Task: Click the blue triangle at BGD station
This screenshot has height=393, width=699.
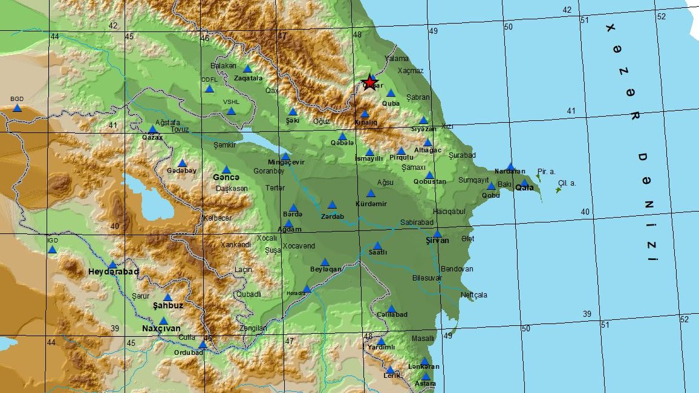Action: (x=17, y=108)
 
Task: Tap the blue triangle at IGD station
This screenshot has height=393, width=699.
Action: (x=52, y=250)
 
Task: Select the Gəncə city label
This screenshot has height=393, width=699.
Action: (x=226, y=177)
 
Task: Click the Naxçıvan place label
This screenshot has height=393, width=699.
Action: (x=161, y=328)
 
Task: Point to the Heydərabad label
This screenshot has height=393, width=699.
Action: (x=114, y=272)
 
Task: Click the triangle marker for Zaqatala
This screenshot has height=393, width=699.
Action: (x=247, y=69)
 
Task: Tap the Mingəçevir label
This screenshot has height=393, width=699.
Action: (x=286, y=163)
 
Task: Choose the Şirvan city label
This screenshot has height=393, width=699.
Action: (x=437, y=240)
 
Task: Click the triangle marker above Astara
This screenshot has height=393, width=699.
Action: (x=426, y=376)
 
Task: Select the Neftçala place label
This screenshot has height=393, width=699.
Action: (x=473, y=295)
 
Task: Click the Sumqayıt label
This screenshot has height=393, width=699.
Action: (x=473, y=180)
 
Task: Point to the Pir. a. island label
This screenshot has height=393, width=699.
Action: (x=546, y=172)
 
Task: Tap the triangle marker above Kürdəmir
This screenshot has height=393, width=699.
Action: (x=371, y=193)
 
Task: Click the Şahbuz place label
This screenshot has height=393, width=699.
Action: (x=168, y=305)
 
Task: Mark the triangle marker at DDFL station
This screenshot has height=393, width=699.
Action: (x=209, y=89)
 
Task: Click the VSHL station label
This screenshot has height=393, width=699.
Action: (x=231, y=102)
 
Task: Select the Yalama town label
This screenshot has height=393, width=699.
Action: (x=397, y=59)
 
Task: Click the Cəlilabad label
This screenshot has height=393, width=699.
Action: (x=392, y=314)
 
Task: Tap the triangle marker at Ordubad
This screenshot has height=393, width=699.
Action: (x=203, y=345)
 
